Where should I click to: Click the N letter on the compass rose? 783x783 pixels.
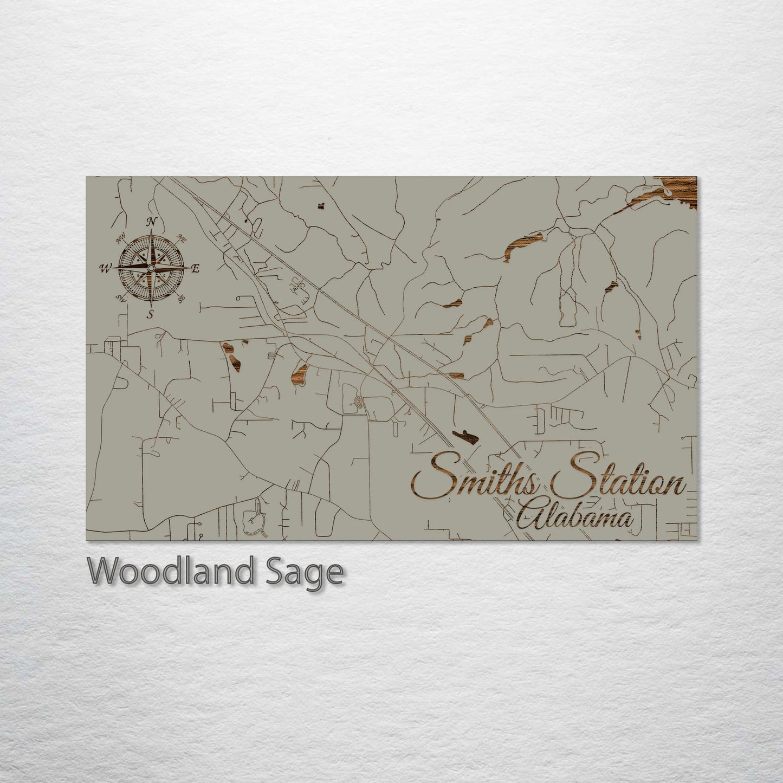(152, 221)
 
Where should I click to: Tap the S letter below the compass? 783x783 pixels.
(151, 314)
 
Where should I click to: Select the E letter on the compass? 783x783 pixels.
(196, 268)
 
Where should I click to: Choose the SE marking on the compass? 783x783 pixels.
(182, 297)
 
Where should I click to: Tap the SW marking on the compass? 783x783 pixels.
(121, 298)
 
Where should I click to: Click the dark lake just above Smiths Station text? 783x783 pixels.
(465, 436)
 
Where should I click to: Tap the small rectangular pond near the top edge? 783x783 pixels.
(321, 206)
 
